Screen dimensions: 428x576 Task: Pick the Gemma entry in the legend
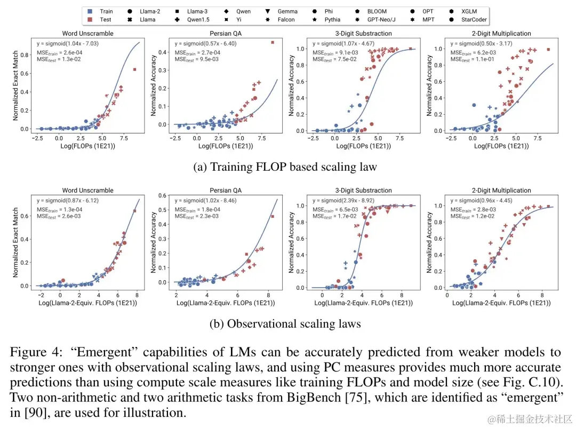287,11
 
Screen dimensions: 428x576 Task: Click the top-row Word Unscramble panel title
88,33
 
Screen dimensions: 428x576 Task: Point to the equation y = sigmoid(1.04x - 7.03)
68,43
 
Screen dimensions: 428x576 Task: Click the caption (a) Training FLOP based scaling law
285,167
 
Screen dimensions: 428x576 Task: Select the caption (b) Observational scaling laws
285,324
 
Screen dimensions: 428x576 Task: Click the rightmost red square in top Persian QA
272,42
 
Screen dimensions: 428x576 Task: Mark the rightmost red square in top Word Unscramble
134,69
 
